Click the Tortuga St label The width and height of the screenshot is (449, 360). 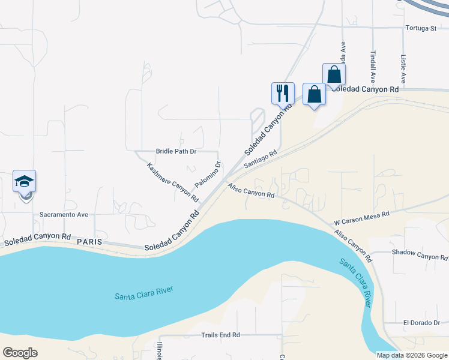pos(420,28)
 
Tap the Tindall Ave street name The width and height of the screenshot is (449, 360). pos(373,66)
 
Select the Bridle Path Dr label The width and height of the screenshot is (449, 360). pos(176,151)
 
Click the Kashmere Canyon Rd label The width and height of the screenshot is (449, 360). pos(172,181)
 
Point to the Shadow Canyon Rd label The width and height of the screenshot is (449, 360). pos(420,254)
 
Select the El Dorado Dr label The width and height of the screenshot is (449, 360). pos(421,323)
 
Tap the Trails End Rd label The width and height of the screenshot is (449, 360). pos(220,335)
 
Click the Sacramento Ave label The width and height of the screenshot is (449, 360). pos(64,214)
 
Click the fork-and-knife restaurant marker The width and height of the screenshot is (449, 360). pos(283,94)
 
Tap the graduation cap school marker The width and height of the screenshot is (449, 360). pos(25,181)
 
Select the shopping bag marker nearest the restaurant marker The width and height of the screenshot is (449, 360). pos(314,94)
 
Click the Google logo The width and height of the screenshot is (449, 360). pos(20,353)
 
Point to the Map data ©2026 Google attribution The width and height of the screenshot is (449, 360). pos(412,355)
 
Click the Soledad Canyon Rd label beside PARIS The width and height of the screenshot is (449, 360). pos(37,239)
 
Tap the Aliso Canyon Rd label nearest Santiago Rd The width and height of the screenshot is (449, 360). pos(251,191)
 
